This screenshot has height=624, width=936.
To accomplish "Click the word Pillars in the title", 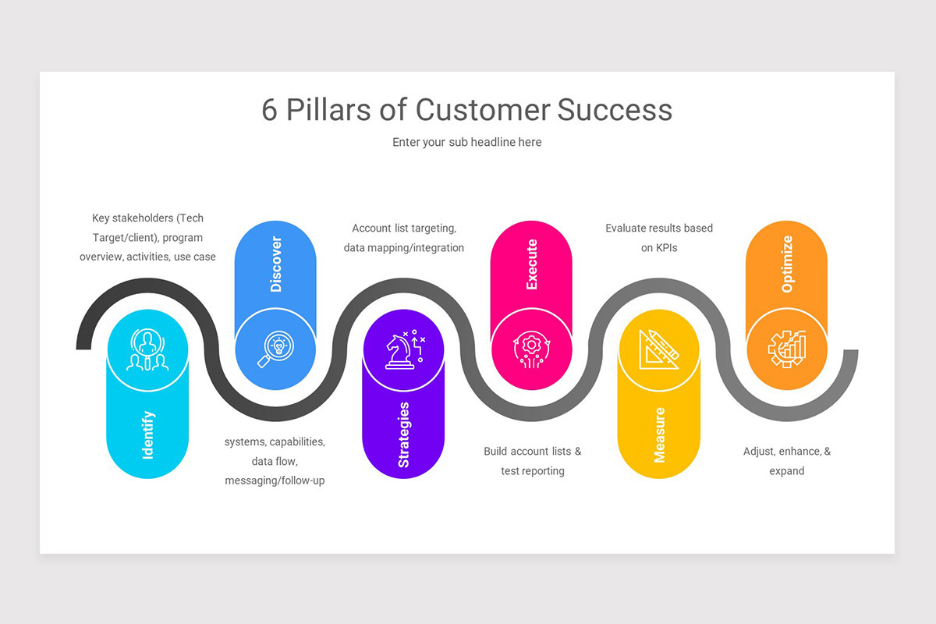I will pyautogui.click(x=328, y=110).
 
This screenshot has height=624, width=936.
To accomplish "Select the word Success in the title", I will pyautogui.click(x=615, y=110).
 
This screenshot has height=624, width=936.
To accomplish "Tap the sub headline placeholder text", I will pyautogui.click(x=466, y=142).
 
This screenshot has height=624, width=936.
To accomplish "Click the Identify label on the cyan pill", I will pyautogui.click(x=148, y=434).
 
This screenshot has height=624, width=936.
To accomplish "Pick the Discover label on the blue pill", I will pyautogui.click(x=275, y=264).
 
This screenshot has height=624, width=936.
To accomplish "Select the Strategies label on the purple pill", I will pyautogui.click(x=403, y=434).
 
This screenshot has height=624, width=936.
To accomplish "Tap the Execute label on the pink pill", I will pyautogui.click(x=531, y=264).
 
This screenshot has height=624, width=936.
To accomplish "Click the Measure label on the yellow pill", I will pyautogui.click(x=659, y=434).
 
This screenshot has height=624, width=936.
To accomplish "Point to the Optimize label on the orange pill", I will pyautogui.click(x=786, y=264).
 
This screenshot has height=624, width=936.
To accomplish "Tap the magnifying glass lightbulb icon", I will pyautogui.click(x=275, y=349).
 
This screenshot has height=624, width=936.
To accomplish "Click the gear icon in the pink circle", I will pyautogui.click(x=531, y=349).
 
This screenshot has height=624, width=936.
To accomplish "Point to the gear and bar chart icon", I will pyautogui.click(x=786, y=349).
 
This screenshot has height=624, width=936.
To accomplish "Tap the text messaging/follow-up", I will pyautogui.click(x=275, y=480).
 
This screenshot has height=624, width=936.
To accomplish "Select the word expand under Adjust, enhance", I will pyautogui.click(x=786, y=471).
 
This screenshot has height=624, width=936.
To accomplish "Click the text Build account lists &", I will pyautogui.click(x=532, y=452).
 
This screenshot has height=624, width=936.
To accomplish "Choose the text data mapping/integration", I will pyautogui.click(x=404, y=248).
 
